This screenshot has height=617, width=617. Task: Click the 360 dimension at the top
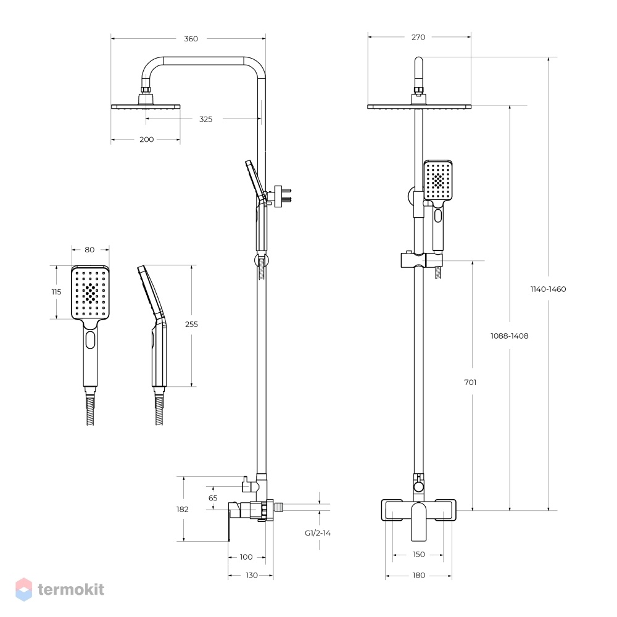[x=191, y=38]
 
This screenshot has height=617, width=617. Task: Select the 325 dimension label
[x=206, y=119]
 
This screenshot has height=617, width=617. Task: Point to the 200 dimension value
[x=146, y=139]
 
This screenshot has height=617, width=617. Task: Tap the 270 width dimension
[x=418, y=37]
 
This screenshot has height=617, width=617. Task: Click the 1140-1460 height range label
[x=548, y=289]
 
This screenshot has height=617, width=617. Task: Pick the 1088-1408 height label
[x=509, y=336]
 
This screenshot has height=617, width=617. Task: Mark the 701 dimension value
[x=470, y=382]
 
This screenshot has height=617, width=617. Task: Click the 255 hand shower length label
[x=192, y=325]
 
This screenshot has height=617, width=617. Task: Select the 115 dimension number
[x=56, y=292]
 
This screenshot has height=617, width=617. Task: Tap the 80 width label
[x=89, y=249]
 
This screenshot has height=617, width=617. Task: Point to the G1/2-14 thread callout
[x=318, y=533]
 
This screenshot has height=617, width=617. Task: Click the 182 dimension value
[x=182, y=509]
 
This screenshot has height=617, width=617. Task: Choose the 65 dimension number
[x=213, y=498]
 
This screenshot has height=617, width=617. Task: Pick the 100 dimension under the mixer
[x=246, y=557]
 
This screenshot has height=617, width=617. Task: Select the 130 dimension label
[x=252, y=575]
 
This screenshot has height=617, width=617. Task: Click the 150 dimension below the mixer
[x=419, y=554]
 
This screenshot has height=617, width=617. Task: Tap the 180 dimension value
[x=419, y=575]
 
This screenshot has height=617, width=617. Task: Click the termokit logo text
[x=71, y=589]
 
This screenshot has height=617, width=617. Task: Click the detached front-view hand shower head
[x=90, y=292]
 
